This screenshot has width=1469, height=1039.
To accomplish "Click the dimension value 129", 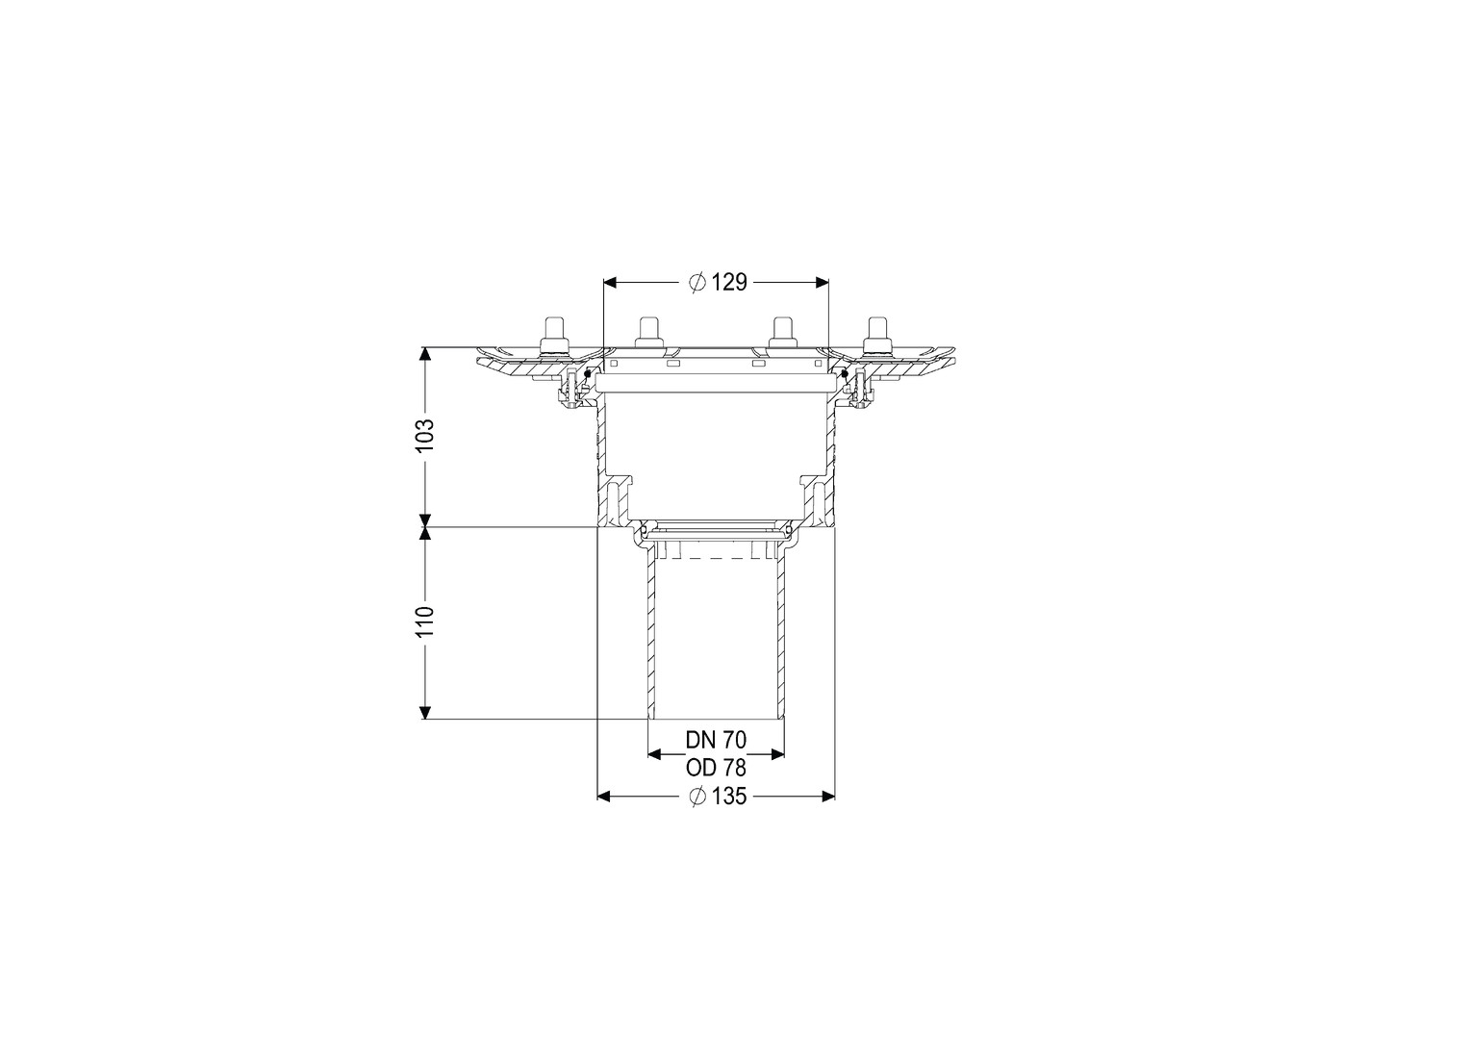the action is pyautogui.click(x=729, y=282).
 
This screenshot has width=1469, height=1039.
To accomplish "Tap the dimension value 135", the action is pyautogui.click(x=728, y=797).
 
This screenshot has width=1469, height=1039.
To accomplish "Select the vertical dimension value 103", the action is pyautogui.click(x=425, y=434).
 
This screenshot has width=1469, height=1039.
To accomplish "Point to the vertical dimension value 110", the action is pyautogui.click(x=425, y=622).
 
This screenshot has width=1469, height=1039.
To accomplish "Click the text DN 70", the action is pyautogui.click(x=716, y=740).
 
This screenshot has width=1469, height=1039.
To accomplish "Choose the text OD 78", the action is pyautogui.click(x=716, y=768).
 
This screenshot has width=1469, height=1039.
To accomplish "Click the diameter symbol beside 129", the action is pyautogui.click(x=697, y=282).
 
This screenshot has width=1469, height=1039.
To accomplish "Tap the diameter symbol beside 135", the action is pyautogui.click(x=697, y=797).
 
